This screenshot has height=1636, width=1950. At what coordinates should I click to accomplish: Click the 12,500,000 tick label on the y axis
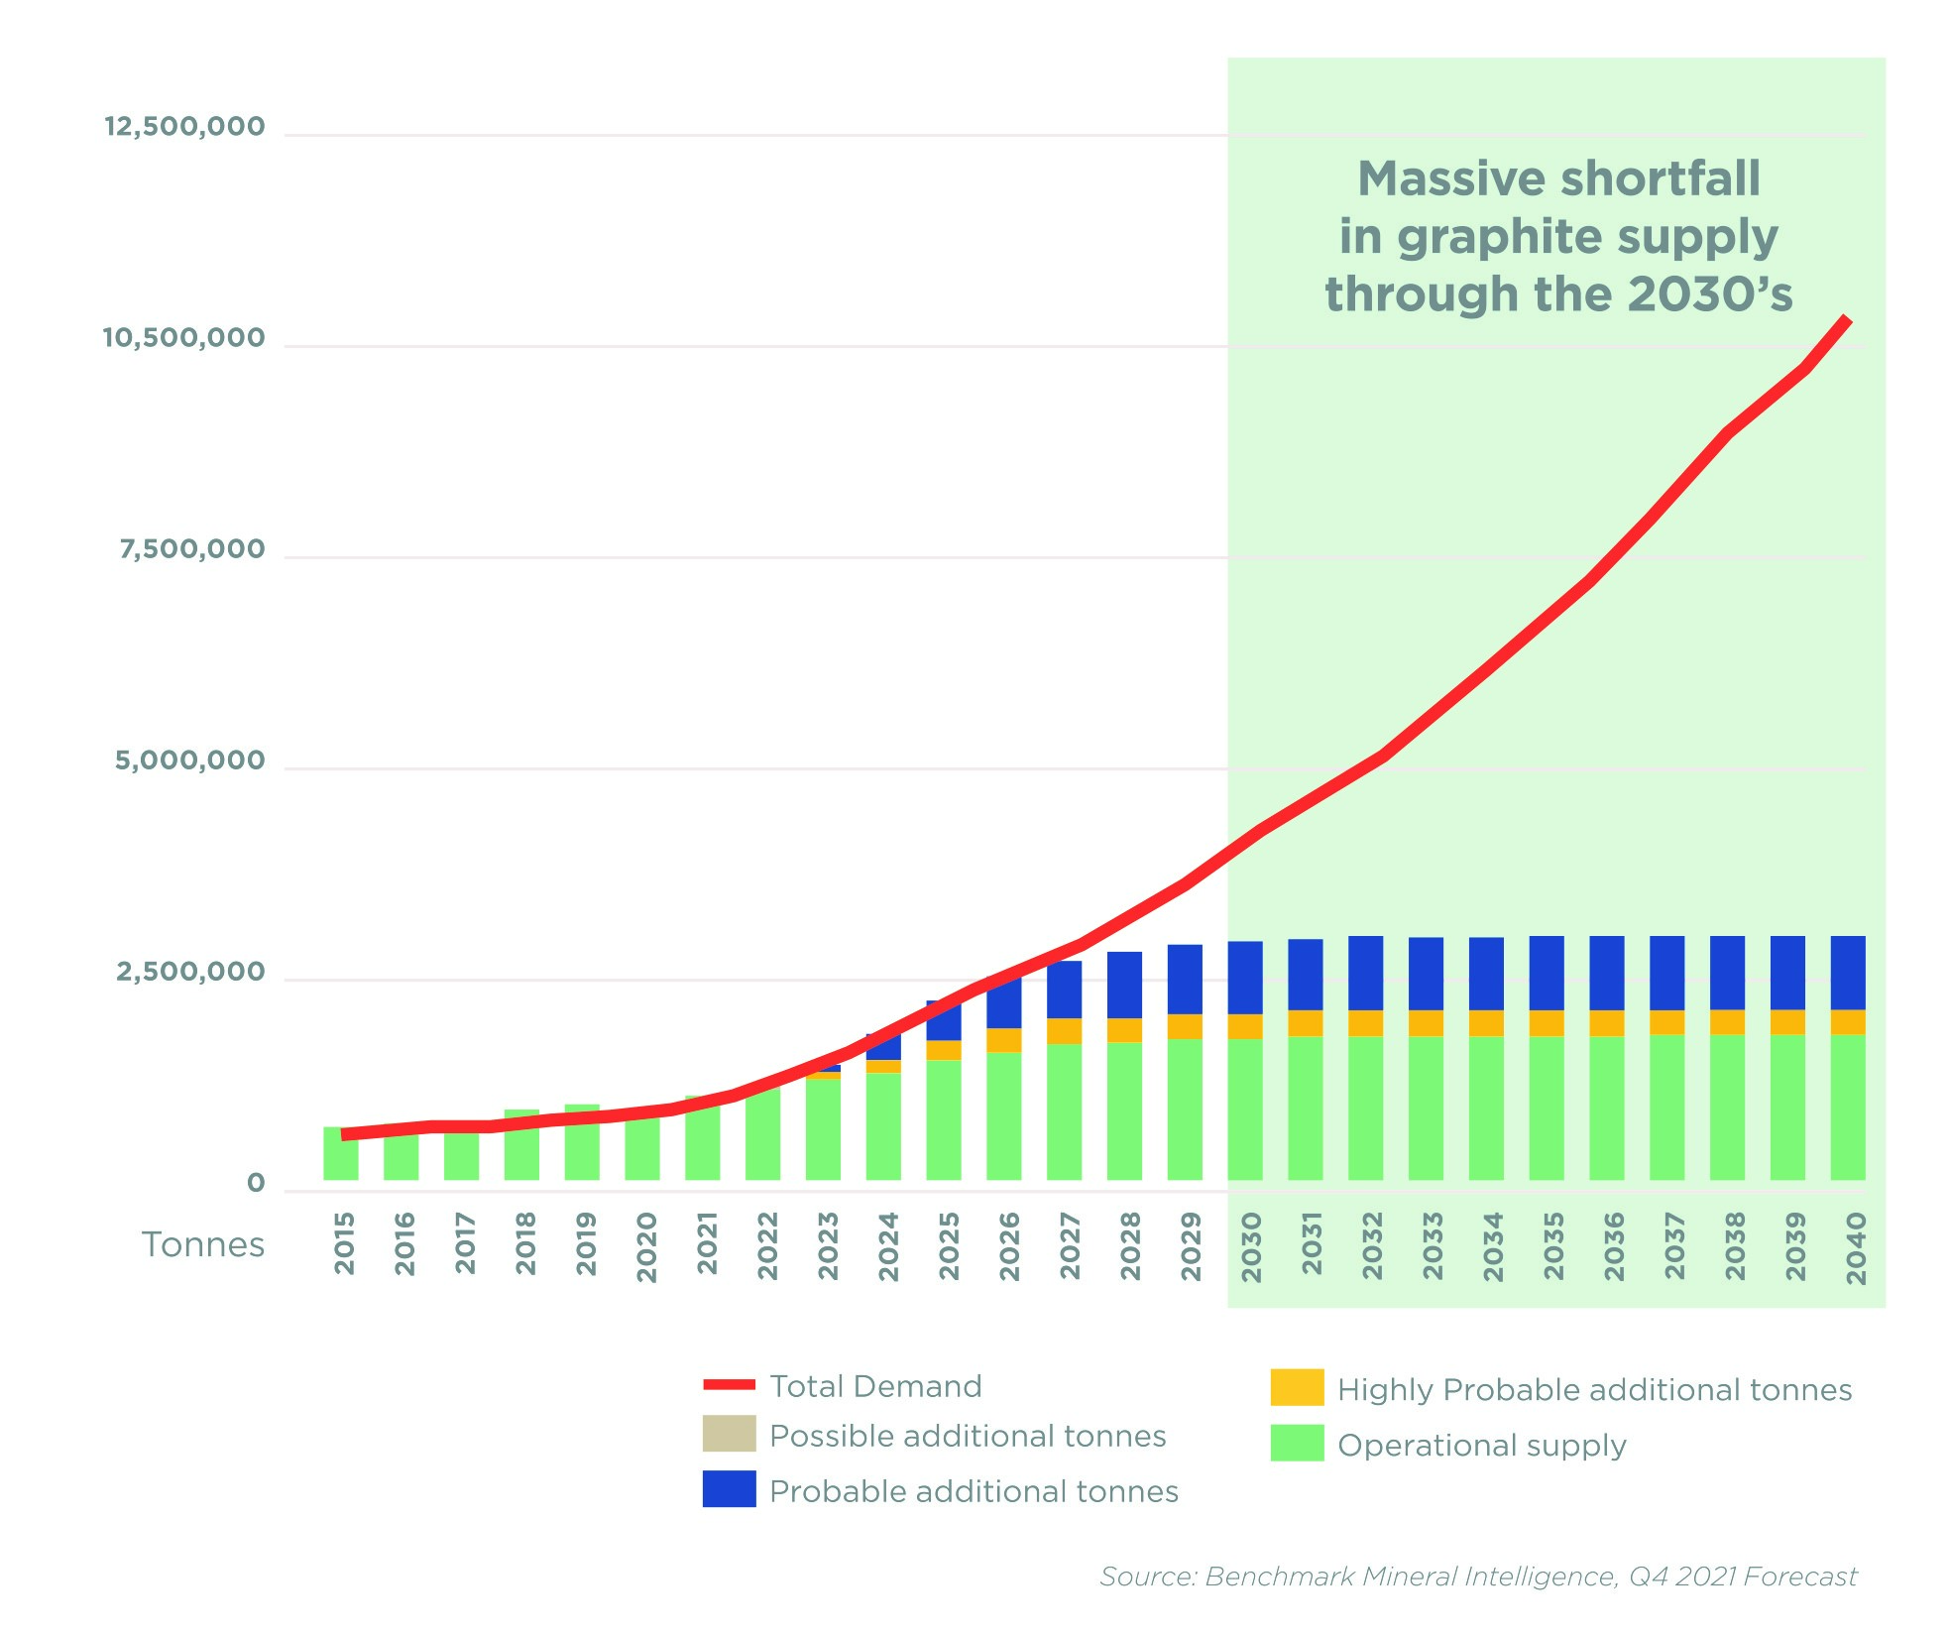184,127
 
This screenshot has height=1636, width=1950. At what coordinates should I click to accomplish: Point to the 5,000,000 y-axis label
190,760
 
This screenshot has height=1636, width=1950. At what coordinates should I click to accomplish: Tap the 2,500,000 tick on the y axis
190,972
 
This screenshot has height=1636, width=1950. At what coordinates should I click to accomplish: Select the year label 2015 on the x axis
344,1243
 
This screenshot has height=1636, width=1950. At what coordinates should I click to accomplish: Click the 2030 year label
1251,1246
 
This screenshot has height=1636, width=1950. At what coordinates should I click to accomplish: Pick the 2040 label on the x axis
1856,1247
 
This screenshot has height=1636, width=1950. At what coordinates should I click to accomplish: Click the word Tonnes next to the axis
203,1244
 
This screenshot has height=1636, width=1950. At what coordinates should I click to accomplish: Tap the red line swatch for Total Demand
729,1384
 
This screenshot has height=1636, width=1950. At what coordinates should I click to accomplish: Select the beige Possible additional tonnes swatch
729,1434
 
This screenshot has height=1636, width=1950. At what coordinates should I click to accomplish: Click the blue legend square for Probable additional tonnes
729,1488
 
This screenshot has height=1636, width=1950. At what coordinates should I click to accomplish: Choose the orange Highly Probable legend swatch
1297,1387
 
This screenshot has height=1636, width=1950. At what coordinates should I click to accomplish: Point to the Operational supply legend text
1481,1446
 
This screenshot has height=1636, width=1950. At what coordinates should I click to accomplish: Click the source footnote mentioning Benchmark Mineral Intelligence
1477,1577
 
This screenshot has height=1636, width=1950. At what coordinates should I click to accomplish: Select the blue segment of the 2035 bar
1547,973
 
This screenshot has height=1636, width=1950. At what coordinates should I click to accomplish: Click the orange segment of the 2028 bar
1124,1030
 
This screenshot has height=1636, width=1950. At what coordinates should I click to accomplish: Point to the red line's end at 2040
1846,319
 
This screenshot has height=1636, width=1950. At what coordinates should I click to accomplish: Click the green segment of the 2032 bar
1365,1108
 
